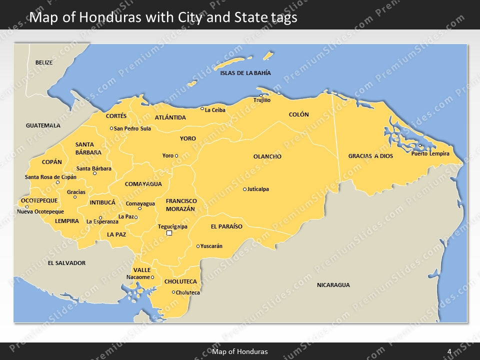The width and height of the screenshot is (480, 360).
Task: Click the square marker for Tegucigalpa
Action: [169, 233]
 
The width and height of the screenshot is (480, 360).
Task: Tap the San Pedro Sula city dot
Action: [111, 128]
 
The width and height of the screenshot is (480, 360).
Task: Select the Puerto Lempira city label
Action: [430, 153]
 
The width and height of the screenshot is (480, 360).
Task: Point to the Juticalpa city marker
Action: [244, 189]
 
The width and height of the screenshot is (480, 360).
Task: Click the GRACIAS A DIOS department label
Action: [370, 156]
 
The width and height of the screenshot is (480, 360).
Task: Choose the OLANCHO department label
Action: [267, 156]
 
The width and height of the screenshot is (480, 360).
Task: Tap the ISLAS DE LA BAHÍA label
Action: [245, 73]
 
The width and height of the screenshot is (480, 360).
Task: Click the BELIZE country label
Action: [44, 62]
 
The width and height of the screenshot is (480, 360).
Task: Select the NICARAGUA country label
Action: [333, 285]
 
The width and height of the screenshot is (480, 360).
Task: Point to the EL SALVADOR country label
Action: [66, 263]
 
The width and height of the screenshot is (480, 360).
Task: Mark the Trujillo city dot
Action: [260, 95]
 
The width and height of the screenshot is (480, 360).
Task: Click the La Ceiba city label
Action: [215, 110]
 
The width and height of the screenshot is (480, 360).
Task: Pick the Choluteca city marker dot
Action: [173, 292]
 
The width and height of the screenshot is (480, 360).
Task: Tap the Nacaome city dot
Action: [152, 277]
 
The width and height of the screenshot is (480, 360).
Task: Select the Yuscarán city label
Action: [211, 246]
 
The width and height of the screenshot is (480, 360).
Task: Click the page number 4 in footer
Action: [449, 351]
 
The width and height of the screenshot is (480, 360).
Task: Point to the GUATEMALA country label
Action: [43, 125]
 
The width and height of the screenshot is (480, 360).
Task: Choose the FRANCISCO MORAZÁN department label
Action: [181, 204]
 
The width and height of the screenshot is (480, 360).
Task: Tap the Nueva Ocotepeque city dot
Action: [27, 206]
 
